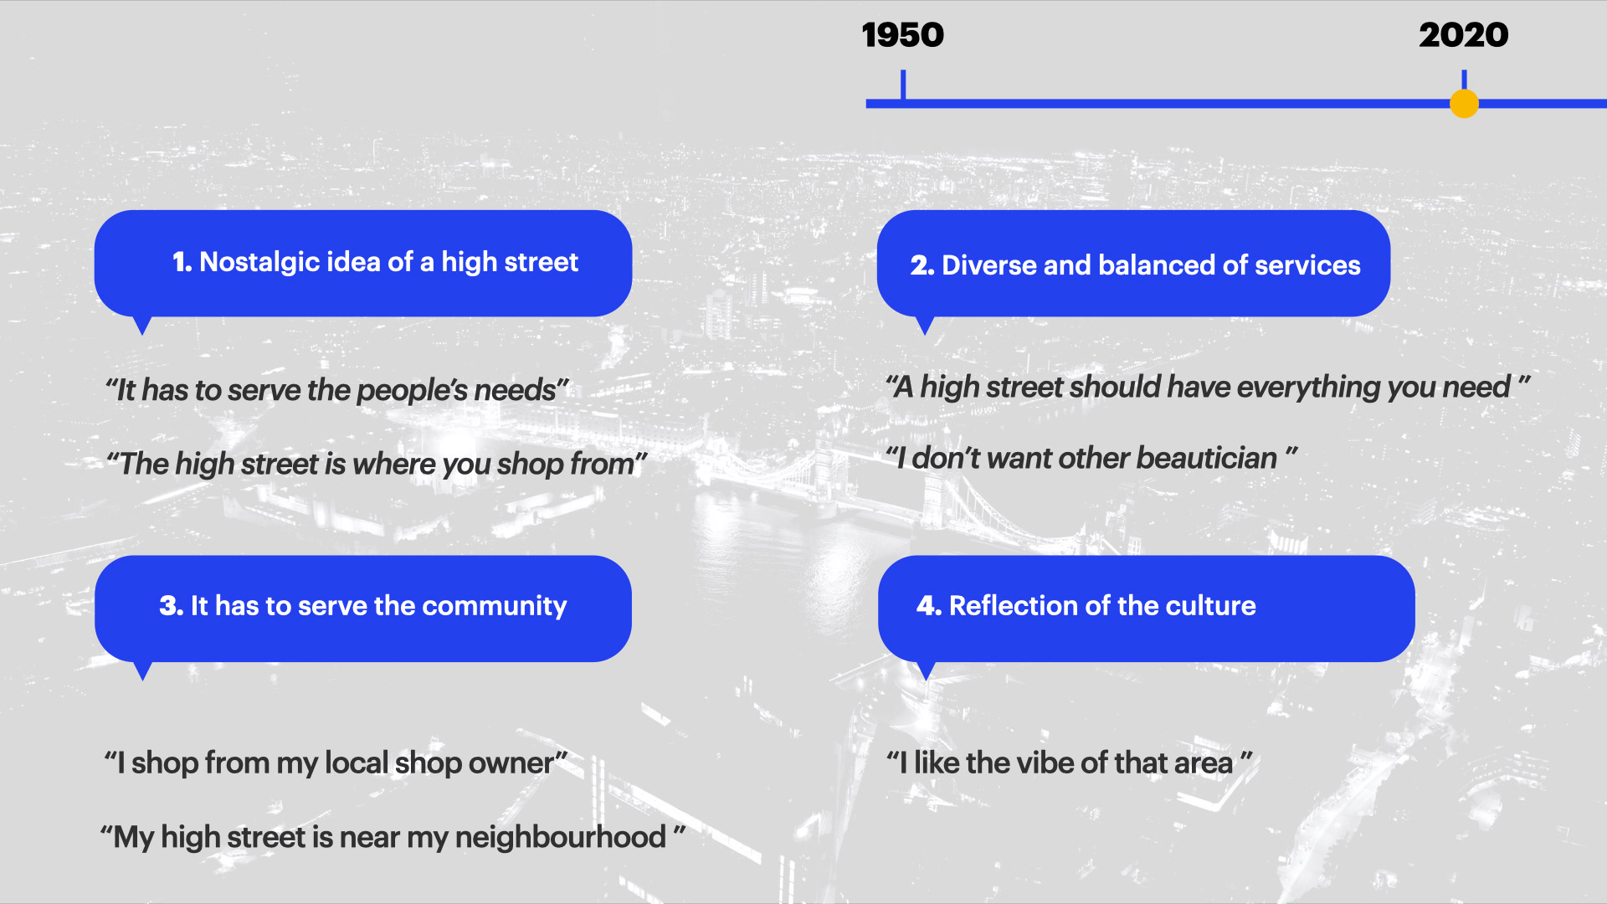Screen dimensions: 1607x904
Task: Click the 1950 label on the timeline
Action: tap(902, 35)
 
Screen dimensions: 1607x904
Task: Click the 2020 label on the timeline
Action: tap(1464, 35)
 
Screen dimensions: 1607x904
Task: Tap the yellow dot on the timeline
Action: tap(1464, 104)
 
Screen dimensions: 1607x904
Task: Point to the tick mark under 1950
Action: tap(903, 85)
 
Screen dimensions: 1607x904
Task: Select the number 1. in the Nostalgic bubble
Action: tap(182, 262)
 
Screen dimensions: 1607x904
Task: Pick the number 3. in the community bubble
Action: tap(172, 606)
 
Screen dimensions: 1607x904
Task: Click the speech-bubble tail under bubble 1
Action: tap(142, 326)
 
